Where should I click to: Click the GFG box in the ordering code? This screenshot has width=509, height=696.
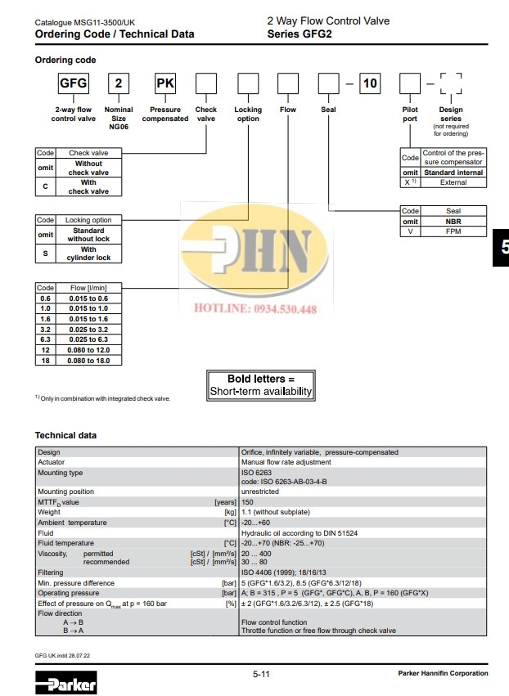pyautogui.click(x=72, y=83)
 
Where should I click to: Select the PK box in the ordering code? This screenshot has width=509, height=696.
pyautogui.click(x=164, y=83)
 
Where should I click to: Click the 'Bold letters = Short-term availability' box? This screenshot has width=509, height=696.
pyautogui.click(x=261, y=385)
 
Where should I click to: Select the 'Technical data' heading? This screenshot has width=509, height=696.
pyautogui.click(x=65, y=435)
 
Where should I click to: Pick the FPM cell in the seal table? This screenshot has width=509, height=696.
pyautogui.click(x=453, y=231)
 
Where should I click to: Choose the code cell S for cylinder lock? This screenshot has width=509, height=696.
pyautogui.click(x=45, y=253)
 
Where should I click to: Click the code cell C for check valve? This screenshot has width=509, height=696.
pyautogui.click(x=45, y=187)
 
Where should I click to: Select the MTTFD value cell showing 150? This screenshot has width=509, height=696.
pyautogui.click(x=248, y=503)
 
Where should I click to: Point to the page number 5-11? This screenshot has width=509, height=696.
pyautogui.click(x=262, y=673)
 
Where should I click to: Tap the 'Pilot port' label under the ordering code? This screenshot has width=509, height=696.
pyautogui.click(x=410, y=114)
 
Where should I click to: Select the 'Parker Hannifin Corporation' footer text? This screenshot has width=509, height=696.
pyautogui.click(x=443, y=673)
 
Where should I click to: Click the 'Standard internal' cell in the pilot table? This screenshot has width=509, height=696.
pyautogui.click(x=454, y=173)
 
